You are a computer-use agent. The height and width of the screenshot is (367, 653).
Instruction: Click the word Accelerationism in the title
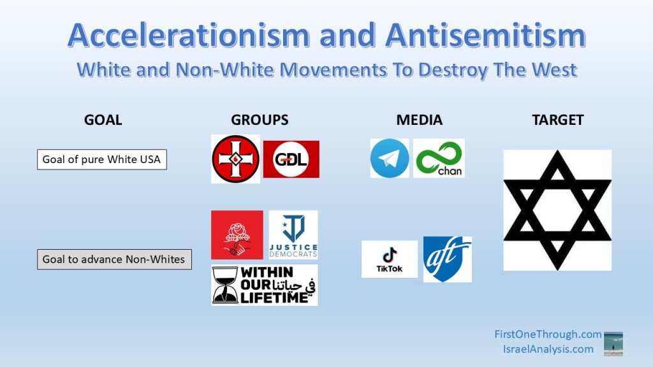point(189,35)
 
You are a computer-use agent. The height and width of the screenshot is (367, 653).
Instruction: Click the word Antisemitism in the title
point(485,35)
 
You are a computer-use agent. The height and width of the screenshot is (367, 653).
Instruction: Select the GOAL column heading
point(103,120)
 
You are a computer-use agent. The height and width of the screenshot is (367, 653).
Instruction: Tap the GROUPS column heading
point(260,120)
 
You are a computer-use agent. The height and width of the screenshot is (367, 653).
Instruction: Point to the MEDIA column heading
point(419,120)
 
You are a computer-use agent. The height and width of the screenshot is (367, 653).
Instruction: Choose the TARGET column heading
point(557,120)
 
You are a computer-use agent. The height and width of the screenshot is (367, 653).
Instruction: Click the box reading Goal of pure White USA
point(102,159)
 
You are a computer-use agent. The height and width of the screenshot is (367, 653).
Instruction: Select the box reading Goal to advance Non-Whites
point(115,259)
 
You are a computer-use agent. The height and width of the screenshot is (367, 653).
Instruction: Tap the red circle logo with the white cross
point(235,159)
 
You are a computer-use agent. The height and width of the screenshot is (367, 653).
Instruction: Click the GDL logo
point(291,159)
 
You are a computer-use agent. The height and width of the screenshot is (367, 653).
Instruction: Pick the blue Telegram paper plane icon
point(390,159)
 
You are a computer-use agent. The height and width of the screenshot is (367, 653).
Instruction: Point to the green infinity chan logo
point(439,159)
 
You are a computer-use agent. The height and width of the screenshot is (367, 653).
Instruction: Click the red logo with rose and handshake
point(237,235)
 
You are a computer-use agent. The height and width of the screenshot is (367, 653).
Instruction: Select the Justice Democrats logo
point(293,235)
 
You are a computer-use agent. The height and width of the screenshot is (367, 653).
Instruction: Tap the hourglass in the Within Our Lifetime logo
point(225,285)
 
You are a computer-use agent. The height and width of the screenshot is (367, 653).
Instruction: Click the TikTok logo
point(390,259)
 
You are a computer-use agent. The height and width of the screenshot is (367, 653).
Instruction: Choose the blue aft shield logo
point(448,259)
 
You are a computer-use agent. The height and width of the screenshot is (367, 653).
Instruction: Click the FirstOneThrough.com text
point(548,334)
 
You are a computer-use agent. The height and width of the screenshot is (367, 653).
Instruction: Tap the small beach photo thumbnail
point(613,344)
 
